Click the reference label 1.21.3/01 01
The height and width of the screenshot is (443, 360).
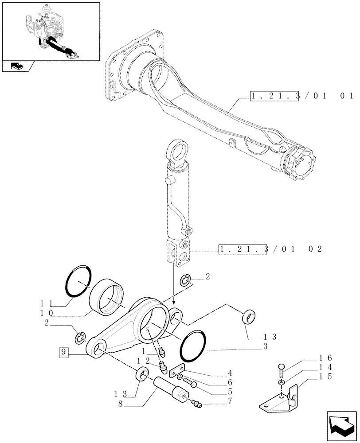pyautogui.click(x=301, y=96)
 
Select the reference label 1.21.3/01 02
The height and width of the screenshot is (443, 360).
pyautogui.click(x=270, y=249)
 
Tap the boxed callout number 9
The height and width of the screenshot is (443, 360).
pyautogui.click(x=64, y=353)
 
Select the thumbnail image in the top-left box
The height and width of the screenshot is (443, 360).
pyautogui.click(x=50, y=31)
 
